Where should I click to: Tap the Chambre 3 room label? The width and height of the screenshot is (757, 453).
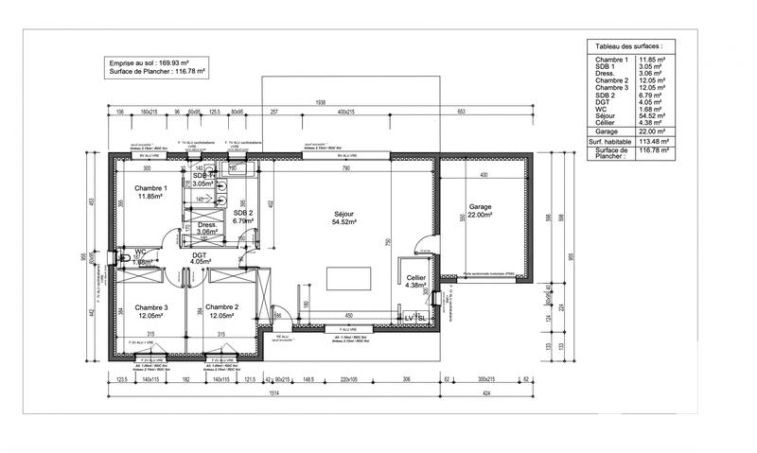click(150, 307)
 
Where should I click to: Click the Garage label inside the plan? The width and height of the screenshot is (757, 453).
click(483, 206)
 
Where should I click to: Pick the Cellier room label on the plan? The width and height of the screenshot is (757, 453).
click(415, 277)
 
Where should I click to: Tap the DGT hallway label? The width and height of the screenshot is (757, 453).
click(199, 255)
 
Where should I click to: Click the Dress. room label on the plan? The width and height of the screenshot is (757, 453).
click(208, 224)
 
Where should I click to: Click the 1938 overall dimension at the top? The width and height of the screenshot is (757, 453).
click(321, 102)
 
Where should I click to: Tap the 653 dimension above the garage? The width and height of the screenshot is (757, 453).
click(461, 113)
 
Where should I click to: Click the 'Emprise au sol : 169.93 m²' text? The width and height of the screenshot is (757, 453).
click(157, 61)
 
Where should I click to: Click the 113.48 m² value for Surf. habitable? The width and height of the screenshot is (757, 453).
click(653, 142)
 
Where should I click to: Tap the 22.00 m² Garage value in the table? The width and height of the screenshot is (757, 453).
click(653, 131)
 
